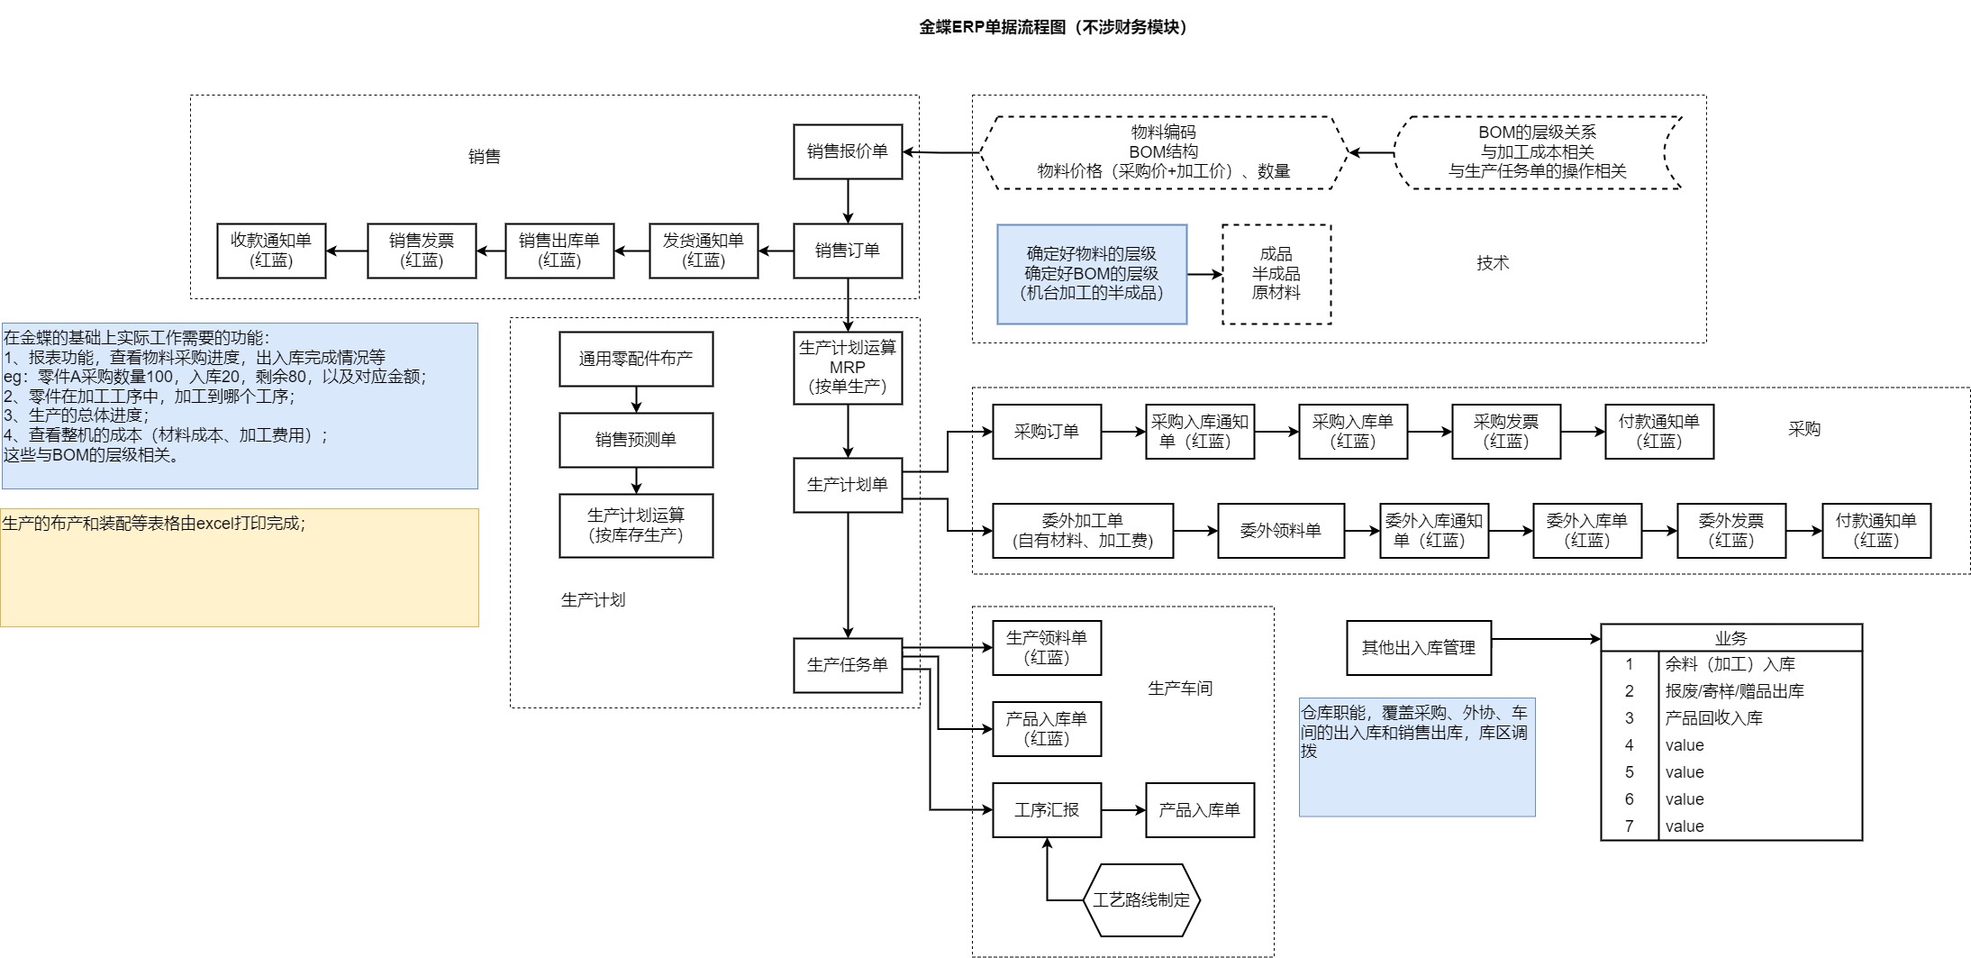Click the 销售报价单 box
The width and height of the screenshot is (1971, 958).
click(847, 151)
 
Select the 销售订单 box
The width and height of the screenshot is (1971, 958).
click(847, 251)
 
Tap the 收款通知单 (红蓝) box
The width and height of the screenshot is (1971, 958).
click(271, 251)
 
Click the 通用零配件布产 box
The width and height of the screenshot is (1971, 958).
click(636, 359)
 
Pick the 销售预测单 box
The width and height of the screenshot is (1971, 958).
click(636, 440)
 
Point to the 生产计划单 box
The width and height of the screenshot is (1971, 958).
click(847, 485)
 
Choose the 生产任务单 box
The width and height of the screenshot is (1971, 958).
click(847, 665)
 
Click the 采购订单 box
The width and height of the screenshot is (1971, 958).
click(1046, 432)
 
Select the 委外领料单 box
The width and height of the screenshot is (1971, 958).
click(1280, 531)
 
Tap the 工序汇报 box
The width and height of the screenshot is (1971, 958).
click(1046, 810)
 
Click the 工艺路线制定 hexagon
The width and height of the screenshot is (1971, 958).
click(1141, 900)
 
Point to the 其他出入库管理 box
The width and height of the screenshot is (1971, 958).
click(1418, 647)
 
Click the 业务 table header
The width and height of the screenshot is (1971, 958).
click(1730, 638)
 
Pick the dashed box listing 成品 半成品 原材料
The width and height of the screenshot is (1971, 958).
click(1276, 274)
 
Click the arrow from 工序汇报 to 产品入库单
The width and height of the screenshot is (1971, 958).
click(1122, 810)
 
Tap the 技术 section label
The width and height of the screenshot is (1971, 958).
click(1492, 263)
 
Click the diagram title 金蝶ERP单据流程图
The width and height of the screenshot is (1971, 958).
click(1052, 27)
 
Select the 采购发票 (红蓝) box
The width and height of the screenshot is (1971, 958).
click(1505, 432)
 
